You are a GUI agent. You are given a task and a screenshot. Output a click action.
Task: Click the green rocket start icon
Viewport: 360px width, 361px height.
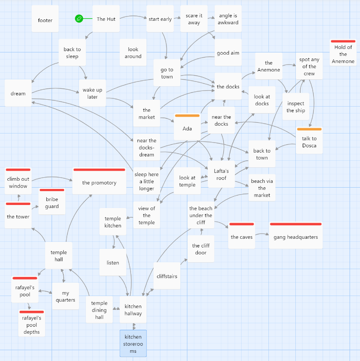[x=79, y=18]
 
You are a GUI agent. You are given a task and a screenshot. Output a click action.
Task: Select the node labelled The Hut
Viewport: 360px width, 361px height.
[x=106, y=19]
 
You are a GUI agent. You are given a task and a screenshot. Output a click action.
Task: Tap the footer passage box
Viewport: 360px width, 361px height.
[x=45, y=20]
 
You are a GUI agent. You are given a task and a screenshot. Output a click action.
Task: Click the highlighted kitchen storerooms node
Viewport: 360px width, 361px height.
[x=133, y=344]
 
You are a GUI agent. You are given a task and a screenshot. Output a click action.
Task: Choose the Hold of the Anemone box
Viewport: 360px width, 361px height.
[x=343, y=54]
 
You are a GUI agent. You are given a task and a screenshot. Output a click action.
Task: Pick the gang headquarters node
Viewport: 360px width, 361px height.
[x=295, y=237]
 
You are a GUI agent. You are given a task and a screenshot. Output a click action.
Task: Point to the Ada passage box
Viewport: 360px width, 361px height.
[x=187, y=128]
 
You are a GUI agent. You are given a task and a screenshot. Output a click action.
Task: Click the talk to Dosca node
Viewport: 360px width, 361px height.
[x=309, y=142]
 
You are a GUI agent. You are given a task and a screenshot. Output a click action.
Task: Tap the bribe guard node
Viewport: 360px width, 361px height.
[x=52, y=203]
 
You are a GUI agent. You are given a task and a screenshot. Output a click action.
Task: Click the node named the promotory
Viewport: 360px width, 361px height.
[x=99, y=182]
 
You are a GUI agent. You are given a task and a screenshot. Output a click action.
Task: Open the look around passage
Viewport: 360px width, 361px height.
[x=133, y=53]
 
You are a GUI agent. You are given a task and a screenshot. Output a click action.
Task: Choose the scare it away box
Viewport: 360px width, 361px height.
[x=194, y=19]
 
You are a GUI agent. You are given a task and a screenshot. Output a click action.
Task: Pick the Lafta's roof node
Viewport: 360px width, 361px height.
[x=221, y=174]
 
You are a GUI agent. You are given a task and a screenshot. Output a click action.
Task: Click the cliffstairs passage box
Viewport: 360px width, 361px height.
[x=167, y=276]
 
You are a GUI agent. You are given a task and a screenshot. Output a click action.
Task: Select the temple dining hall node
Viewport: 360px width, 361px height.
[x=99, y=310]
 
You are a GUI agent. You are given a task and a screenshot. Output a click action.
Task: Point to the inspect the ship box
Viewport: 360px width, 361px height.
[x=296, y=107]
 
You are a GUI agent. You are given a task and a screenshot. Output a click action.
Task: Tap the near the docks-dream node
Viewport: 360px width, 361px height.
[x=147, y=147]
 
